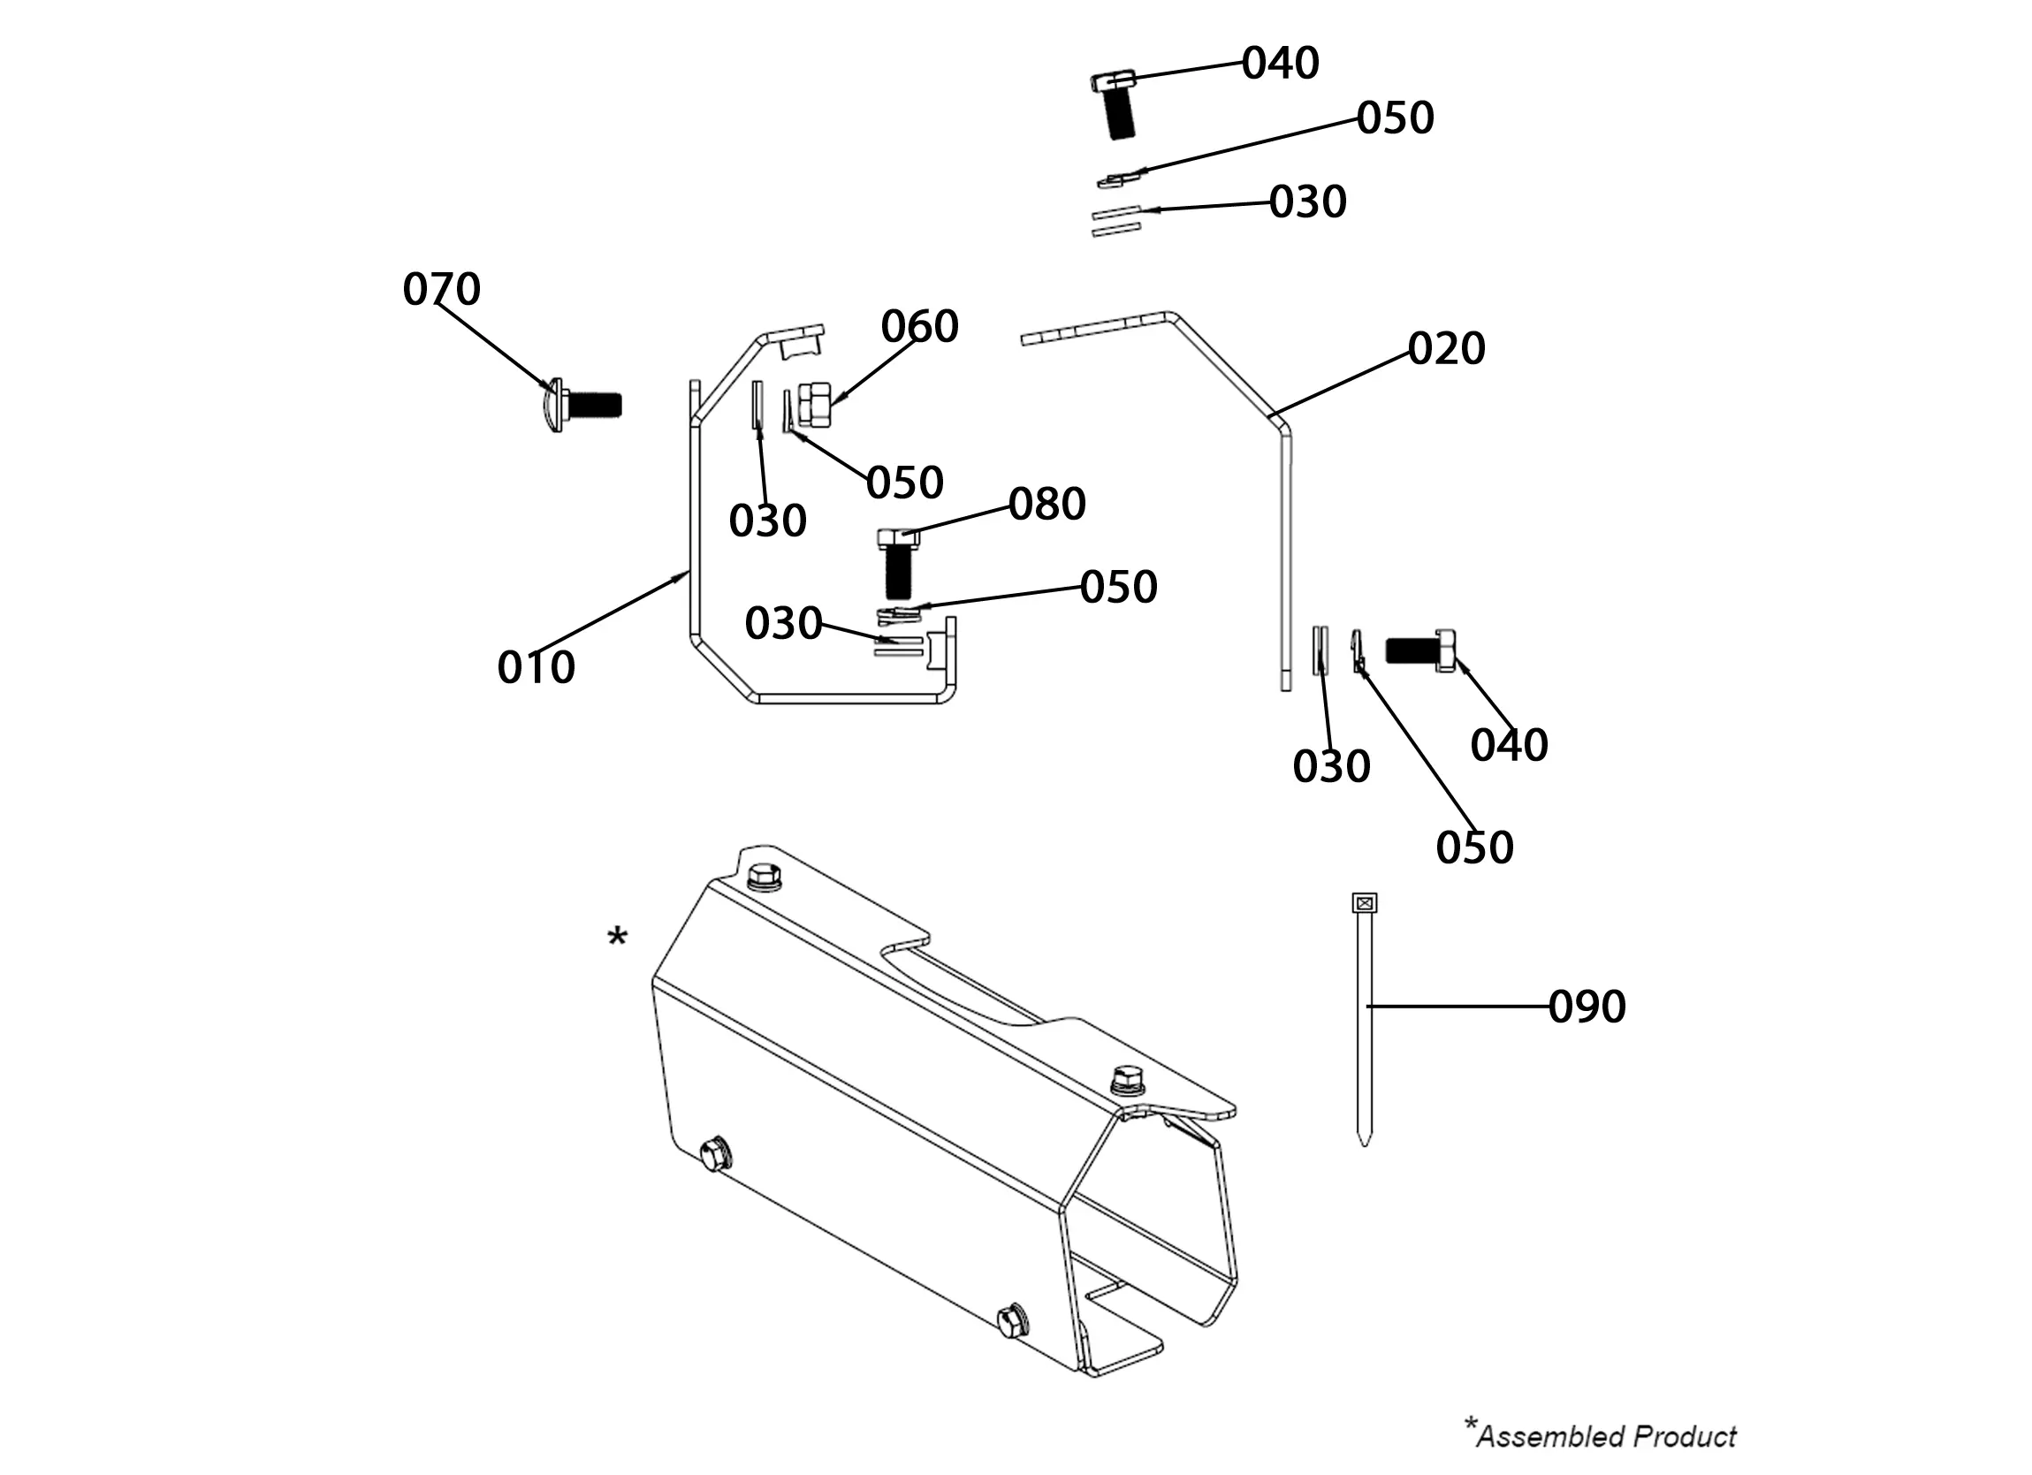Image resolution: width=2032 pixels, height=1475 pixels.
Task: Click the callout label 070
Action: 441,290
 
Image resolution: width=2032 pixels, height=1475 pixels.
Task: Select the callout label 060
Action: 919,326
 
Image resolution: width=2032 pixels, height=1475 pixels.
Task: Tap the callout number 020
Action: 1446,348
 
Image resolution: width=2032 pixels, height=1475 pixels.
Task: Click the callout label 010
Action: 536,667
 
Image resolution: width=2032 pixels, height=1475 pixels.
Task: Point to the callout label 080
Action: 1047,505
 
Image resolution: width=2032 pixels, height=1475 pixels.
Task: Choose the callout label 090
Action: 1587,1007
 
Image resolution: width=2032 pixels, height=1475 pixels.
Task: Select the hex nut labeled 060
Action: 813,404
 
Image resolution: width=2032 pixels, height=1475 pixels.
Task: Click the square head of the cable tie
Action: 1364,903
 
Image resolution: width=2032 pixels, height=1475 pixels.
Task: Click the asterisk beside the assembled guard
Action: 617,939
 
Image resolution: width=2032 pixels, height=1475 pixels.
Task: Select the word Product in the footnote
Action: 1685,1437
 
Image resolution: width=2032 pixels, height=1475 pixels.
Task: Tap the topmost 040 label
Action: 1281,64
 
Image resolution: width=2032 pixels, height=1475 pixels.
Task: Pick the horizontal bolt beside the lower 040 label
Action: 1420,650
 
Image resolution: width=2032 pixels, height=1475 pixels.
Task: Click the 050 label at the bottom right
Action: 1474,848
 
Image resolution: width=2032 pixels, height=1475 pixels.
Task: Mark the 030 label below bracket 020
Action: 1331,767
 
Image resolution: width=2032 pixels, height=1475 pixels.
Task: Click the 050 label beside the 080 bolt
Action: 1118,588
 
